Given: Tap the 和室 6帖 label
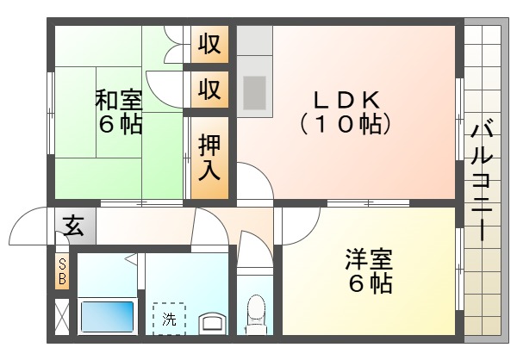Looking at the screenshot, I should pyautogui.click(x=119, y=112).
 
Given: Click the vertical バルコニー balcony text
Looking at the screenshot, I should pyautogui.click(x=481, y=182).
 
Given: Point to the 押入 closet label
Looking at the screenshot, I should pyautogui.click(x=209, y=157).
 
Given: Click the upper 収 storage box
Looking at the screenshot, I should pyautogui.click(x=209, y=43).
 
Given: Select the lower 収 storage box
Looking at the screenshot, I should pyautogui.click(x=209, y=89).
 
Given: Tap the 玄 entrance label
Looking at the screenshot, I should pyautogui.click(x=74, y=227).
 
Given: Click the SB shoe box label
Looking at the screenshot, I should pyautogui.click(x=62, y=272).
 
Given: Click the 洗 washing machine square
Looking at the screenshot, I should pyautogui.click(x=169, y=318).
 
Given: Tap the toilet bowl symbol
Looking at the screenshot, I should pyautogui.click(x=256, y=312).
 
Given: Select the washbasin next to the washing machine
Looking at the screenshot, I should pyautogui.click(x=212, y=323).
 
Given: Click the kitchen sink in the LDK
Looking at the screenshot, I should pyautogui.click(x=255, y=90).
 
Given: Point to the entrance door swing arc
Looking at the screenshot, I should pyautogui.click(x=30, y=226).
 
